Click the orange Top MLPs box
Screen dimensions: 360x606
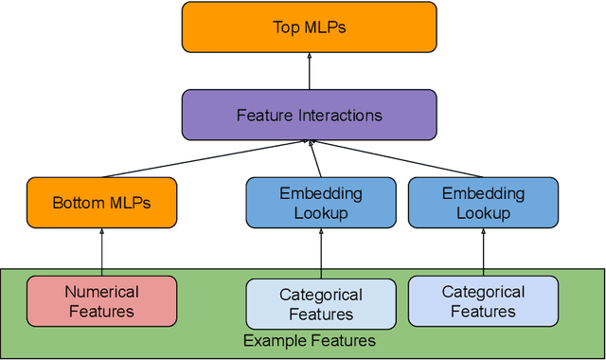pos(310,27)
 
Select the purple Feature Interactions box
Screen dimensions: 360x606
pos(310,115)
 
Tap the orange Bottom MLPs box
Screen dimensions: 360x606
pos(101,203)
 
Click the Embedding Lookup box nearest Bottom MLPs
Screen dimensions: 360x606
pos(320,203)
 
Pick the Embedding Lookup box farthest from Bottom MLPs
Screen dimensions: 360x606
pos(483,203)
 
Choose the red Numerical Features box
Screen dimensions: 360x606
pos(101,300)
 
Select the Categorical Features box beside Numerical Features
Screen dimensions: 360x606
pos(321,303)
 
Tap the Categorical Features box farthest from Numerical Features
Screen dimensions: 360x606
pos(483,300)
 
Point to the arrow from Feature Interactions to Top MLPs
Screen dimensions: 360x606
pos(310,71)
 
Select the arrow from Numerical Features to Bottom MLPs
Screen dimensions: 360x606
pos(101,252)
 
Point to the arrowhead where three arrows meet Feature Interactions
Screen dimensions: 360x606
pos(309,142)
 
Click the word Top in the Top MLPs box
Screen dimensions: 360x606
pos(285,27)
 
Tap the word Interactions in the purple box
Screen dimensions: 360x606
pos(339,115)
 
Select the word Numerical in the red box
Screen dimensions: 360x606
pos(101,292)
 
